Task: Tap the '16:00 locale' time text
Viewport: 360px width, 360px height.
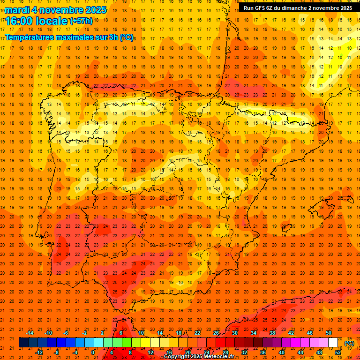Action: [36, 21]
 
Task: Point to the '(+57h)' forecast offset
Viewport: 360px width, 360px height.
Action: [81, 21]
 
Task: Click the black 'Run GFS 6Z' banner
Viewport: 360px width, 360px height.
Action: [298, 8]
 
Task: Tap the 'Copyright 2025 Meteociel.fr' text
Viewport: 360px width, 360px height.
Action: [199, 357]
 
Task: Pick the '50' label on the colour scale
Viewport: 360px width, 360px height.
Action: [329, 333]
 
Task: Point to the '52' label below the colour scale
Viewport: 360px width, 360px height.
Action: [338, 352]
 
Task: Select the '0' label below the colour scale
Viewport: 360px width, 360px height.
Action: [93, 352]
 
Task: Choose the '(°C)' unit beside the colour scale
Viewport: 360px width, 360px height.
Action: [349, 343]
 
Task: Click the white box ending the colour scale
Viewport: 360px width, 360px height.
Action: [333, 343]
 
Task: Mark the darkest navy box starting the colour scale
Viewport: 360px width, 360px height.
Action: [23, 343]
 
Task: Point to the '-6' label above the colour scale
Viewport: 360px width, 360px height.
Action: [66, 333]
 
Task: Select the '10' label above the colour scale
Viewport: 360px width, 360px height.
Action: [141, 333]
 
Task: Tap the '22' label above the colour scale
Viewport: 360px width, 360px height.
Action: [197, 333]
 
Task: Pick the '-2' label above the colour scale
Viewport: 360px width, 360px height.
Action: [85, 333]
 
